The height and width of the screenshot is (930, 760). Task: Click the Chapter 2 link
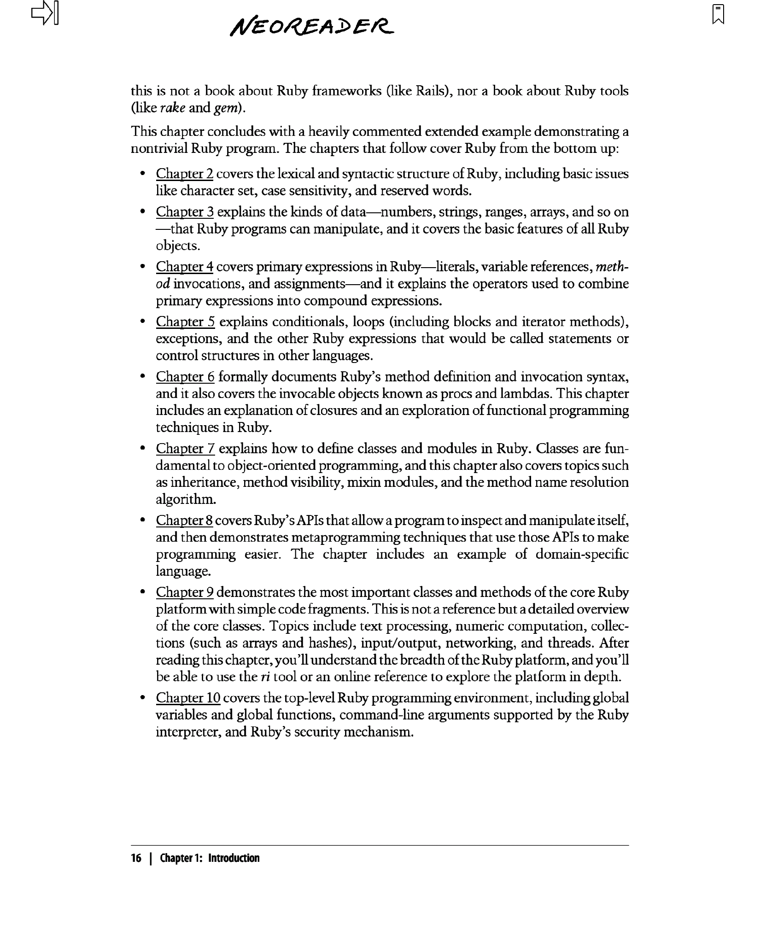tap(184, 174)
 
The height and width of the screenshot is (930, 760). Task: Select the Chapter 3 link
tap(185, 212)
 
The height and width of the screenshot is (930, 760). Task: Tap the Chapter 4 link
tap(184, 267)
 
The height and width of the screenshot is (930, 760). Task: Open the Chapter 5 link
tap(185, 322)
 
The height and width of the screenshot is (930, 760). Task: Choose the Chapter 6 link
tap(185, 377)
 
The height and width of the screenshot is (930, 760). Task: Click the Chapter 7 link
tap(185, 449)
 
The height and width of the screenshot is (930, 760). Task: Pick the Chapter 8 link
tap(184, 521)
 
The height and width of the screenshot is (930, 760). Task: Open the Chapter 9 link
tap(185, 592)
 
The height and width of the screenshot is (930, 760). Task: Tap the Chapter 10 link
tap(188, 698)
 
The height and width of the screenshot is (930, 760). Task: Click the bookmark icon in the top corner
tap(718, 14)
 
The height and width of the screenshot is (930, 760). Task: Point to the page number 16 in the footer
tap(136, 858)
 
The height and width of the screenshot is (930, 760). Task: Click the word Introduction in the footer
tap(234, 858)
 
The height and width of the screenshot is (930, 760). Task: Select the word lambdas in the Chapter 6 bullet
tap(524, 394)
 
